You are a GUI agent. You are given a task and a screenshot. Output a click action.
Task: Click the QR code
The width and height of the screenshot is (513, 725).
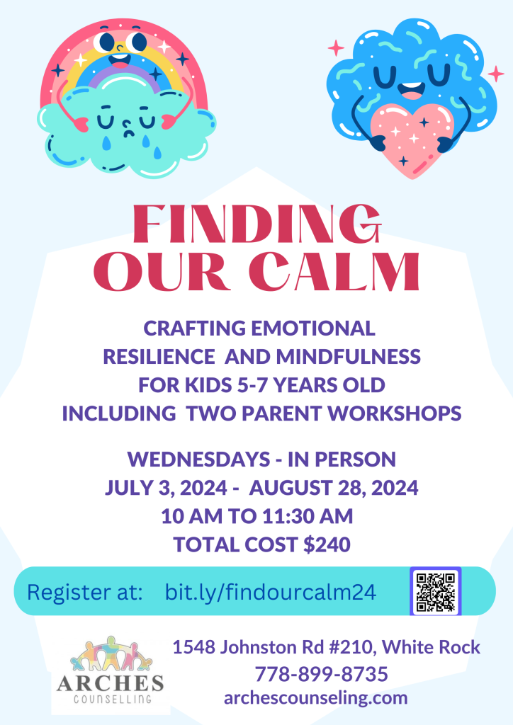(x=435, y=591)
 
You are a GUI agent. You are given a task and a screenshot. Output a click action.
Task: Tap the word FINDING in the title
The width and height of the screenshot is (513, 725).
(x=257, y=224)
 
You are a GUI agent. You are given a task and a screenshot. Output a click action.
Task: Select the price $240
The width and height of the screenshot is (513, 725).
(x=327, y=544)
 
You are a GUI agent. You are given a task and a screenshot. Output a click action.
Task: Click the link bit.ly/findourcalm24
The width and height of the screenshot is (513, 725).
(x=271, y=592)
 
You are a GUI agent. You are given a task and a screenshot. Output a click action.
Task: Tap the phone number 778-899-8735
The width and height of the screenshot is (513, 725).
(x=322, y=674)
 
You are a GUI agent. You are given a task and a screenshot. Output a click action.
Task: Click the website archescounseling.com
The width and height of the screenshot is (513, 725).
(x=316, y=697)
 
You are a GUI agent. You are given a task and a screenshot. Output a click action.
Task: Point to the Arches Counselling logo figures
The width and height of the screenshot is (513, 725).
(x=111, y=654)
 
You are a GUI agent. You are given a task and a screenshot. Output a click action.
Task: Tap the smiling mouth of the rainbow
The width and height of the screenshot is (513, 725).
(x=120, y=61)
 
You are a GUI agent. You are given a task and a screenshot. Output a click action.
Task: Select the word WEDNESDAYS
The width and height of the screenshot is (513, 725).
(x=198, y=459)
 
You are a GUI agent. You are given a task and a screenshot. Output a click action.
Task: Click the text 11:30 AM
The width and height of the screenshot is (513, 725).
(x=308, y=516)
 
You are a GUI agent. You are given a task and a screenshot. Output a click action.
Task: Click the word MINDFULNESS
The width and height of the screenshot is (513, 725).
(x=349, y=357)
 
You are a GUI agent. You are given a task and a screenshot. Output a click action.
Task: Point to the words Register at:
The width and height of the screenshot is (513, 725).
(x=85, y=593)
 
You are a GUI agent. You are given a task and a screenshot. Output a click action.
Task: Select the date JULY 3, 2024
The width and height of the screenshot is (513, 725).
(x=166, y=488)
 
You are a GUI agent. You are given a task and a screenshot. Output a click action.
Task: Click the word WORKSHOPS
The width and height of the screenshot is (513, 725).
(x=396, y=413)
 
